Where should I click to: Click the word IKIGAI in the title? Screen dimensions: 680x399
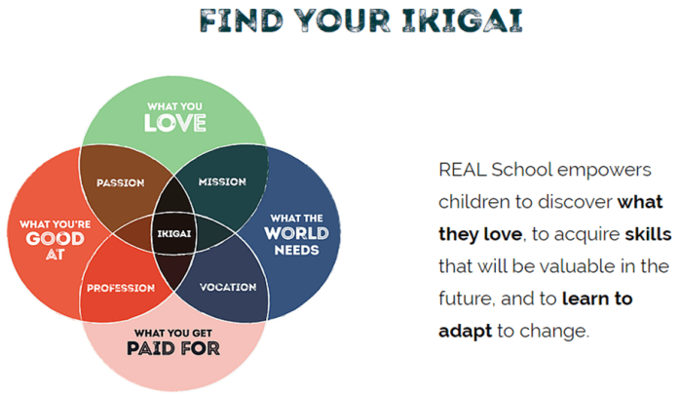[463, 20]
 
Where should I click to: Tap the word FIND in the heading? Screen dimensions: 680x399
[242, 20]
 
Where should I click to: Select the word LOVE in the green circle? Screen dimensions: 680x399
[174, 123]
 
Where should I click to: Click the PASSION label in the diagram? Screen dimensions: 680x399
[120, 182]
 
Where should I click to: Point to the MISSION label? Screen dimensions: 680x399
[222, 181]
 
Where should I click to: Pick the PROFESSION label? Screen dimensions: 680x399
[121, 288]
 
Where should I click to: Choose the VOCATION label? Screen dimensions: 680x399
[228, 287]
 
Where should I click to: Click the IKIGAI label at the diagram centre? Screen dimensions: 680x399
[174, 234]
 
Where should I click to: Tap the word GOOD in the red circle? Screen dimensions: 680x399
[56, 238]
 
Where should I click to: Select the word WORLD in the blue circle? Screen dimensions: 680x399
[296, 233]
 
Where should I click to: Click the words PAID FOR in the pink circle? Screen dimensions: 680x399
[173, 348]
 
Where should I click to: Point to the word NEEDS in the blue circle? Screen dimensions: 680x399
[296, 250]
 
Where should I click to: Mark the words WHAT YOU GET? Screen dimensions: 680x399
[173, 333]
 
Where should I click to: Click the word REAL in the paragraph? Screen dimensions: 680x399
[463, 170]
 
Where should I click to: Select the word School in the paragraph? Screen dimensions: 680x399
[522, 170]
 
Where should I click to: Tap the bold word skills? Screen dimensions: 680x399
[648, 234]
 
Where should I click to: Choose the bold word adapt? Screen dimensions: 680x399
[465, 332]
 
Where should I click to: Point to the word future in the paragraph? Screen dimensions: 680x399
[467, 299]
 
